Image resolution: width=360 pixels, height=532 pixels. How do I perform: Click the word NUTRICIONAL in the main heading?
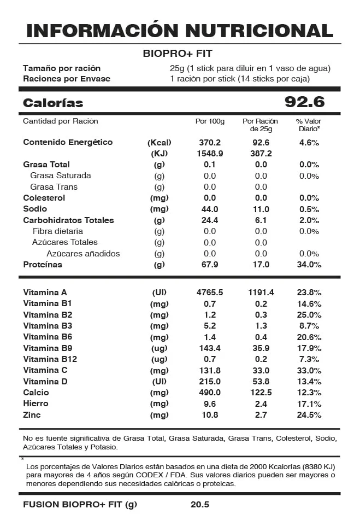(x=259, y=30)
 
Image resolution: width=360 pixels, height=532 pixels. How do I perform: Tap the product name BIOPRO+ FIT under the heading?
(x=177, y=54)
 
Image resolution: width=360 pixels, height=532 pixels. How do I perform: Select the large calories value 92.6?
(x=304, y=102)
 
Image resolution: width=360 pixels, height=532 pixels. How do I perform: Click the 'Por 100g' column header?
(x=210, y=121)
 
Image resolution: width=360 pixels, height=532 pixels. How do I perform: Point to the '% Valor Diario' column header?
(x=309, y=125)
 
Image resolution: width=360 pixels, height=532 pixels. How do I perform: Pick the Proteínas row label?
(x=43, y=265)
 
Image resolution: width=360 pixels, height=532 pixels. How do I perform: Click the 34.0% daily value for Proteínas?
(x=309, y=265)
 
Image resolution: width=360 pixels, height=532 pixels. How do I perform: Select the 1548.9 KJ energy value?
(x=210, y=154)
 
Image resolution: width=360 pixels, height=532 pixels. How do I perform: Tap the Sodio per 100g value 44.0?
(x=210, y=209)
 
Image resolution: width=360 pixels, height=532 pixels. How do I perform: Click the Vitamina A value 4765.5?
(x=210, y=293)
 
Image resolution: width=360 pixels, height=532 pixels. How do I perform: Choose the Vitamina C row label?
(x=45, y=370)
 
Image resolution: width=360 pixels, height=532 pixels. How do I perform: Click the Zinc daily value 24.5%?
(x=309, y=415)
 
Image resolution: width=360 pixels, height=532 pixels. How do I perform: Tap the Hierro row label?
(x=36, y=404)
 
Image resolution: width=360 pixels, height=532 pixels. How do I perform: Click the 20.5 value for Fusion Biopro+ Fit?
(x=200, y=505)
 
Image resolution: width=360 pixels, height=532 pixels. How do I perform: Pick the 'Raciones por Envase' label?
(x=67, y=79)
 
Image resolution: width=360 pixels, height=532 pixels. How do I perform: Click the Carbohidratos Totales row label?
(x=68, y=220)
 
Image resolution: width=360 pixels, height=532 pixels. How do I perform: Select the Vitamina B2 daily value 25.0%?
(x=309, y=315)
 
